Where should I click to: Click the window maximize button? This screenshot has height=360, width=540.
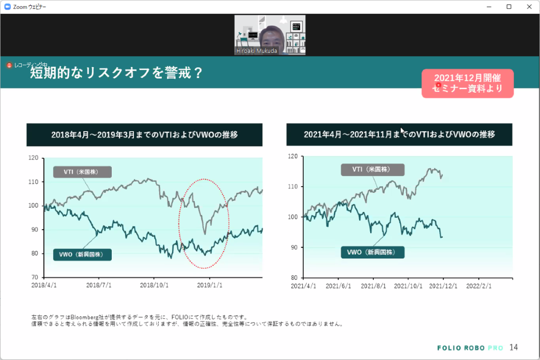(x=509, y=6)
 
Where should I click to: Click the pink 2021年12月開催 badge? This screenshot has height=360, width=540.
(x=467, y=83)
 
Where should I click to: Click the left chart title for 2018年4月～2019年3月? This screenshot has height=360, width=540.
(x=144, y=135)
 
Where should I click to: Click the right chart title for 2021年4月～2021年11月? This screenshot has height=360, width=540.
(x=399, y=134)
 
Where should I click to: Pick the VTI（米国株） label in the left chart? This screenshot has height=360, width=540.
(x=82, y=172)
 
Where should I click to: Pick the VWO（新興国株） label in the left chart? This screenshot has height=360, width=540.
(x=82, y=255)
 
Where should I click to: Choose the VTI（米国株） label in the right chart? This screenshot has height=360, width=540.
(x=372, y=169)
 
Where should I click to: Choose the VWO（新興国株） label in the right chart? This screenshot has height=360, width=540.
(x=372, y=252)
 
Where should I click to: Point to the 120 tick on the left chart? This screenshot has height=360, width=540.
(x=34, y=158)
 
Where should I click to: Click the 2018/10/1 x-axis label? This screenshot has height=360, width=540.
(x=154, y=286)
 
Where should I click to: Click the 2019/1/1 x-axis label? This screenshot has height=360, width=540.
(x=209, y=286)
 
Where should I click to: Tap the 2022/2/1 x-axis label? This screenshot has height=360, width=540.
(x=479, y=286)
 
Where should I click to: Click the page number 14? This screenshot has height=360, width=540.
(x=514, y=347)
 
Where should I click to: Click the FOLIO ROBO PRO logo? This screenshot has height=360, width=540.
(x=470, y=348)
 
